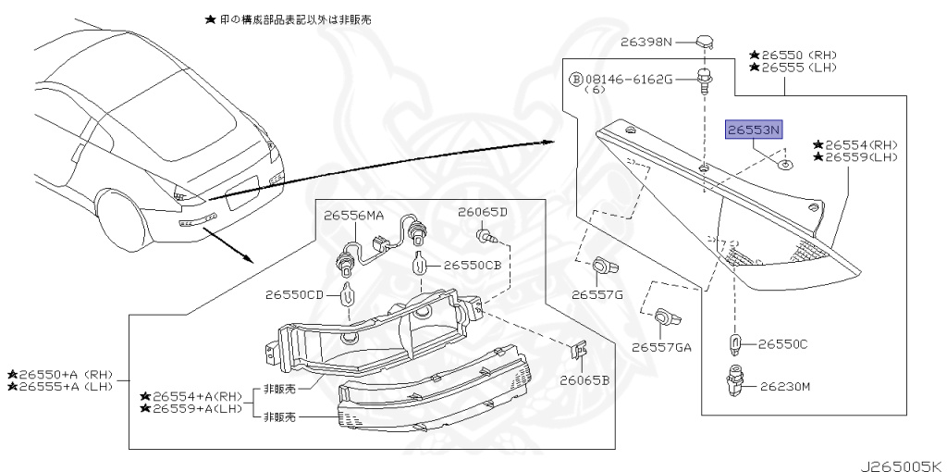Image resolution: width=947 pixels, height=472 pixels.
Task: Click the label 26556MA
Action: [353, 216]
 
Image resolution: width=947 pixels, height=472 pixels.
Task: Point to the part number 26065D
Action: [483, 212]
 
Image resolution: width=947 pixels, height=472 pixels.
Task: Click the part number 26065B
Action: [584, 379]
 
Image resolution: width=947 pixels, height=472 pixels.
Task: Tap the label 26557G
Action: [596, 294]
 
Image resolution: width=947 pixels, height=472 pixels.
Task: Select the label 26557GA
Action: [661, 348]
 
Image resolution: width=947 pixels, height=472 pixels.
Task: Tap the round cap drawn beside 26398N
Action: [706, 41]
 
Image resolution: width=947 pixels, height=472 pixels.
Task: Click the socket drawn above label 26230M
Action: [737, 379]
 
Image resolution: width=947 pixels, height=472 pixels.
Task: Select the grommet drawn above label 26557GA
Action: [665, 318]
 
